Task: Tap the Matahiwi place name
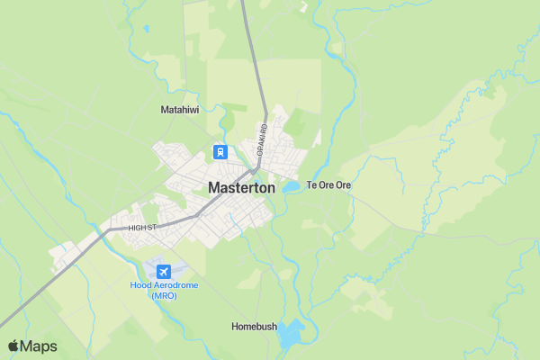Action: coord(178,110)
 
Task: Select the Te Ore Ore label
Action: coord(328,185)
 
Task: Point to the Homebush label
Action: coord(254,326)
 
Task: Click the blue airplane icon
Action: coord(163,271)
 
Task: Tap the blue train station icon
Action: coord(220,151)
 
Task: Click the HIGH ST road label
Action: coord(142,228)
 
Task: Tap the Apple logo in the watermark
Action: coord(13,346)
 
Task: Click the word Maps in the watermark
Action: coord(39,346)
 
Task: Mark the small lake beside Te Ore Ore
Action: coord(292,187)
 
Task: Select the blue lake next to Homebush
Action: coord(291,336)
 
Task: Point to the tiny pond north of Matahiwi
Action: coord(146,28)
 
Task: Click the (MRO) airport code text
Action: coord(164,296)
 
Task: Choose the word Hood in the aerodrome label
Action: coord(141,285)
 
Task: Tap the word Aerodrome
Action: coord(176,285)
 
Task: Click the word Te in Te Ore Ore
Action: coord(312,185)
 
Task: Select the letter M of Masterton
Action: coord(214,188)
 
